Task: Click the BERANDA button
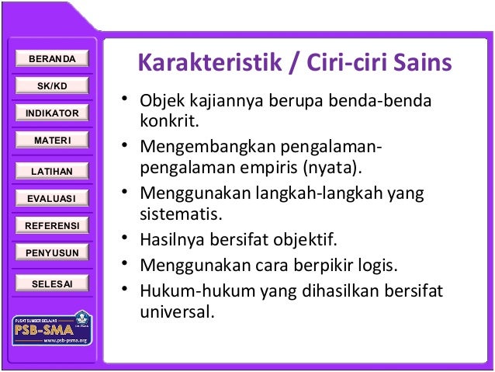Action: [x=52, y=59]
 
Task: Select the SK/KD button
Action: [x=52, y=85]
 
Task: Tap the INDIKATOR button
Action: [x=52, y=113]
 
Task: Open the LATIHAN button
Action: [x=52, y=171]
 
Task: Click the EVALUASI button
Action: [x=52, y=199]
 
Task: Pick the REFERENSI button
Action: [x=52, y=226]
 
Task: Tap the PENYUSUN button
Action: [x=52, y=253]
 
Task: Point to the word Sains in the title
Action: [x=423, y=63]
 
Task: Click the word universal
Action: [x=175, y=314]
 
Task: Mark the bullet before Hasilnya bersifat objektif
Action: [x=124, y=238]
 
